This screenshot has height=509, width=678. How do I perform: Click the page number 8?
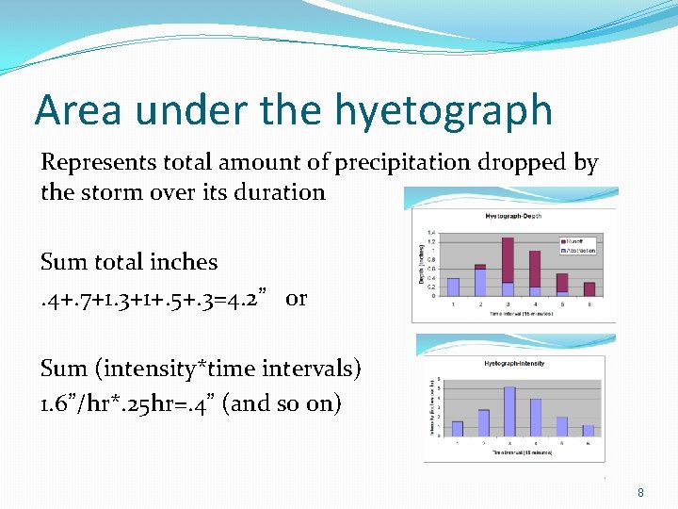pyautogui.click(x=640, y=492)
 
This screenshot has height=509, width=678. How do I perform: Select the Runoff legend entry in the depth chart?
pyautogui.click(x=576, y=241)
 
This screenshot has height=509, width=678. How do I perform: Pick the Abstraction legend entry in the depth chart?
pyautogui.click(x=578, y=250)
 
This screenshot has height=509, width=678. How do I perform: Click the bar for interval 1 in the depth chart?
pyautogui.click(x=453, y=287)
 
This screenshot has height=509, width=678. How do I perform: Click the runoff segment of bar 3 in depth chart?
pyautogui.click(x=508, y=258)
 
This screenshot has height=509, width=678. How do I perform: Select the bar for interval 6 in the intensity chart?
pyautogui.click(x=589, y=430)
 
